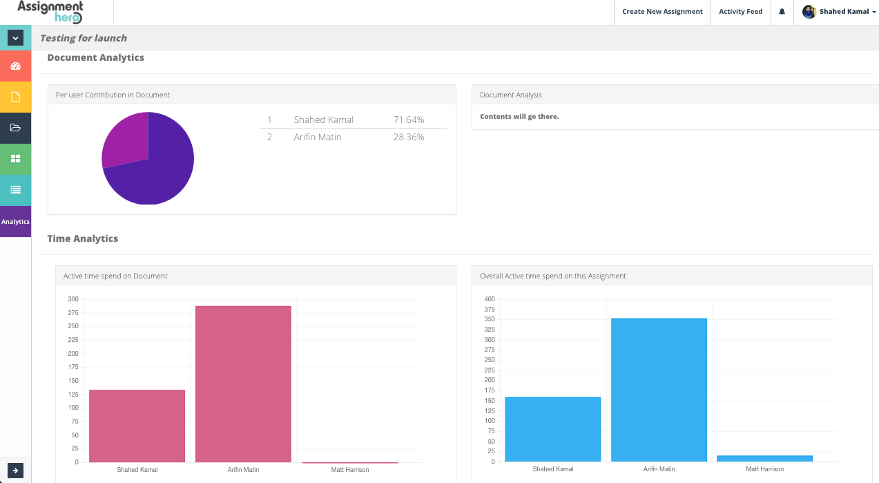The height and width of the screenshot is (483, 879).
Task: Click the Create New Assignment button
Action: tap(662, 12)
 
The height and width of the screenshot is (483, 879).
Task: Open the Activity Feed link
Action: tap(740, 12)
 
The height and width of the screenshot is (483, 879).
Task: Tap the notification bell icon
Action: tap(782, 12)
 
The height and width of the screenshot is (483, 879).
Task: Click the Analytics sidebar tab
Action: tap(15, 222)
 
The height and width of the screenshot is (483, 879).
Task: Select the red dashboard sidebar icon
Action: tap(15, 66)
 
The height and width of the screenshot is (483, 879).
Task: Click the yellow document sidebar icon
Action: tap(15, 97)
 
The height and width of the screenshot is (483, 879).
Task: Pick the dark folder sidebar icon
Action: tap(15, 128)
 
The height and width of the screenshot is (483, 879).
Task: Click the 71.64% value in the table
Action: tap(409, 120)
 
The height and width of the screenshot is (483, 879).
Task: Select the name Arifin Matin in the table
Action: tap(318, 137)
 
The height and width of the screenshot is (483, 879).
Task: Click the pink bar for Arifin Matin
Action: tap(243, 384)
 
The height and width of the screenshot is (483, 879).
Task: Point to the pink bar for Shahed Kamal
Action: tap(137, 426)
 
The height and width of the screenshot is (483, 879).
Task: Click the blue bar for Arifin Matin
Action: tap(659, 390)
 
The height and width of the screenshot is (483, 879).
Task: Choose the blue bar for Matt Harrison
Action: tap(764, 458)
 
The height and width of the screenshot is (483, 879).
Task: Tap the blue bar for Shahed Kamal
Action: tap(552, 429)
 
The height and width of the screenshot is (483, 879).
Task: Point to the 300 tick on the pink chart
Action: tap(73, 299)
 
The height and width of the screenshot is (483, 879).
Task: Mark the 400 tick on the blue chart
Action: tap(490, 299)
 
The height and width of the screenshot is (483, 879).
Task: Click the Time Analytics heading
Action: tap(83, 238)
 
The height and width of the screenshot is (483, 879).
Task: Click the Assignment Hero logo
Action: tap(50, 12)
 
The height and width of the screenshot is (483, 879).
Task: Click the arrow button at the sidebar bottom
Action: tap(15, 471)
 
